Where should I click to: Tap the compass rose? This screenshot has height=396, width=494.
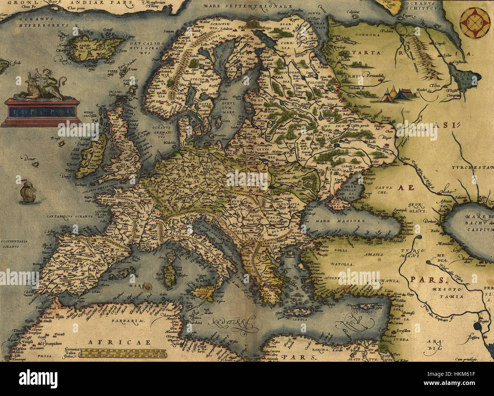click(475, 23)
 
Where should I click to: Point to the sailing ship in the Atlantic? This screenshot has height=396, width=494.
click(28, 191)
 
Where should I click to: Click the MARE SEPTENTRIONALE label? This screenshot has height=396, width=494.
click(247, 6)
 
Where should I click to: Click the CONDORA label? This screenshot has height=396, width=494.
click(367, 35)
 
